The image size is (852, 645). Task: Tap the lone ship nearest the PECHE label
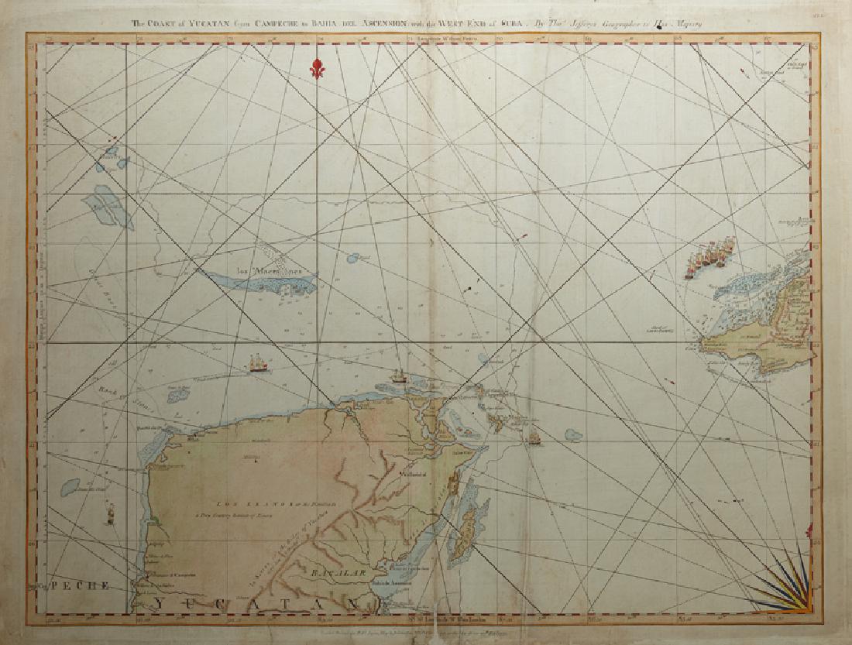click(x=110, y=513)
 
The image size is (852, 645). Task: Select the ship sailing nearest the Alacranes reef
click(x=256, y=362)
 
